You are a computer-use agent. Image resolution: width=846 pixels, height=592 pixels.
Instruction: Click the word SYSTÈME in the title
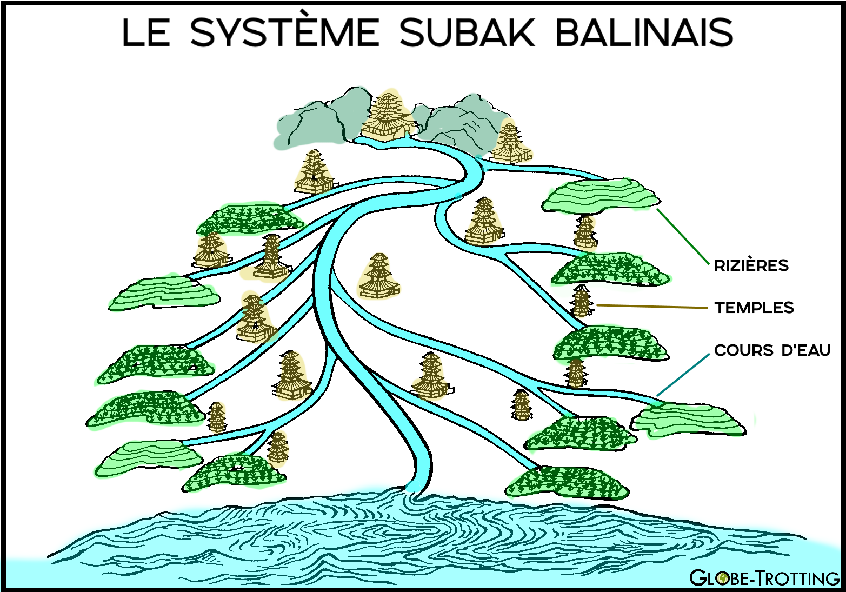(285, 32)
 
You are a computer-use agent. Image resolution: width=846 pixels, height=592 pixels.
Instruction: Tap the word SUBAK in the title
(467, 32)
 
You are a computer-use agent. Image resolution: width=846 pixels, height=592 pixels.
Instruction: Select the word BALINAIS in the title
(644, 32)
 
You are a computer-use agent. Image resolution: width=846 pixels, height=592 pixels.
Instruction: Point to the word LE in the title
(146, 32)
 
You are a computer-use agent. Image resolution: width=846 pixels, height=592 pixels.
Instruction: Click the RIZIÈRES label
(751, 265)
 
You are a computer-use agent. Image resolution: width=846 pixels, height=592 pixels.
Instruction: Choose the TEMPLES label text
(754, 308)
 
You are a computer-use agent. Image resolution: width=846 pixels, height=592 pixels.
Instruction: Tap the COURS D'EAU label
(772, 350)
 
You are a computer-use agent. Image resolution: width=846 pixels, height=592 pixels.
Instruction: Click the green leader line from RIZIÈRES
(682, 236)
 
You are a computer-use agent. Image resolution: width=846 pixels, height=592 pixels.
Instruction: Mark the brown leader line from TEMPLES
(651, 307)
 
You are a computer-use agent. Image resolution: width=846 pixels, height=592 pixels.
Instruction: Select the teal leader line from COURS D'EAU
(682, 375)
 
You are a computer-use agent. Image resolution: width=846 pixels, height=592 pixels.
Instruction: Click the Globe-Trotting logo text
(764, 578)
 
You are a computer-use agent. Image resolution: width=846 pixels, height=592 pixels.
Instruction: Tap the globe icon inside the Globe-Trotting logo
(721, 578)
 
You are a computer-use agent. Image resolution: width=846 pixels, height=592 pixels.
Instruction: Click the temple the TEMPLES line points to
(581, 302)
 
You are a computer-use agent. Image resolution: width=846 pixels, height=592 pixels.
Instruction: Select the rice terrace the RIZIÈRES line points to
(600, 196)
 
